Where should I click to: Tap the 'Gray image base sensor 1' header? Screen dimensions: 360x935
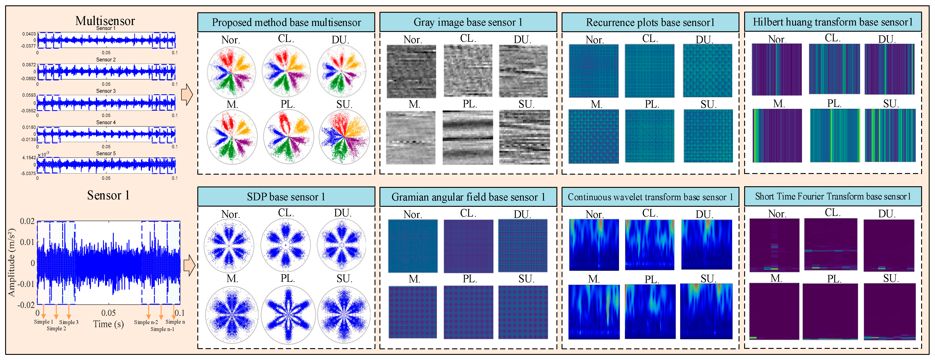[x=468, y=23]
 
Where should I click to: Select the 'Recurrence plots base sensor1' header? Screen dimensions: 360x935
[x=650, y=23]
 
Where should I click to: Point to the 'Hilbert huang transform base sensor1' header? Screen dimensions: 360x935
[x=833, y=22]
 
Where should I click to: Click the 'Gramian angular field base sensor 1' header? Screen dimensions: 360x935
[x=468, y=197]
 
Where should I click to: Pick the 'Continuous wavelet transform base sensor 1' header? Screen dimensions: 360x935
[x=650, y=197]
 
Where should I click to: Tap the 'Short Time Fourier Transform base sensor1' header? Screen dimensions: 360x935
[x=833, y=196]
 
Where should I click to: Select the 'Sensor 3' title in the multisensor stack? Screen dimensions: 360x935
[x=106, y=91]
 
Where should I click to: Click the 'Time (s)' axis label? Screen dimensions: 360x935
[x=108, y=324]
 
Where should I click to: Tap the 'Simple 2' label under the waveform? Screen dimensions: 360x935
[x=56, y=329]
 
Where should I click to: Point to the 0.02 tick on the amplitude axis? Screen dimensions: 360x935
[x=27, y=221]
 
